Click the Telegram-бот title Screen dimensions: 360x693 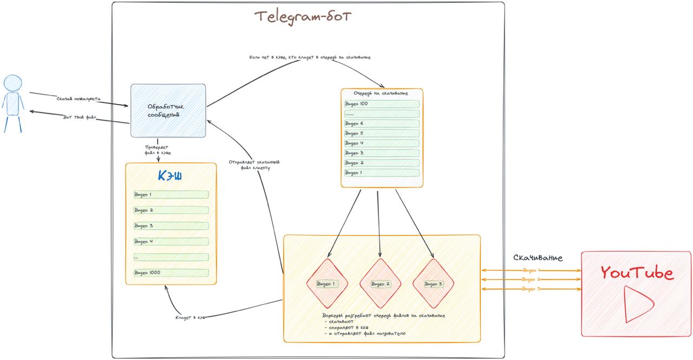click(303, 17)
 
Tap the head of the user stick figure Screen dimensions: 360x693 click(13, 83)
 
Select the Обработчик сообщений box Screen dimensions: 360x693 click(168, 110)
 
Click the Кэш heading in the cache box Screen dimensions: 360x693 click(169, 176)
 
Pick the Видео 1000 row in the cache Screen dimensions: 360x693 click(171, 273)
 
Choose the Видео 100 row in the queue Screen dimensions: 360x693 click(382, 104)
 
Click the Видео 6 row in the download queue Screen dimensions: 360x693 click(382, 123)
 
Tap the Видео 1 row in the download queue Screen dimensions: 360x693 click(382, 173)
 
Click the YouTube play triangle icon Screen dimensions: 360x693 click(635, 304)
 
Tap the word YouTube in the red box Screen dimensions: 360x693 click(637, 273)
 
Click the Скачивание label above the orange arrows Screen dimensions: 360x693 click(538, 258)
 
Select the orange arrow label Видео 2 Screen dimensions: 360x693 click(531, 279)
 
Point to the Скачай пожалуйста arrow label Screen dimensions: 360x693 click(79, 99)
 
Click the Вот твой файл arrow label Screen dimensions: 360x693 click(80, 117)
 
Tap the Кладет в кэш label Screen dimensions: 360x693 click(190, 317)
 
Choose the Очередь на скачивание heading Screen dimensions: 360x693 click(381, 93)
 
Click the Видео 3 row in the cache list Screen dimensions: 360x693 click(171, 226)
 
